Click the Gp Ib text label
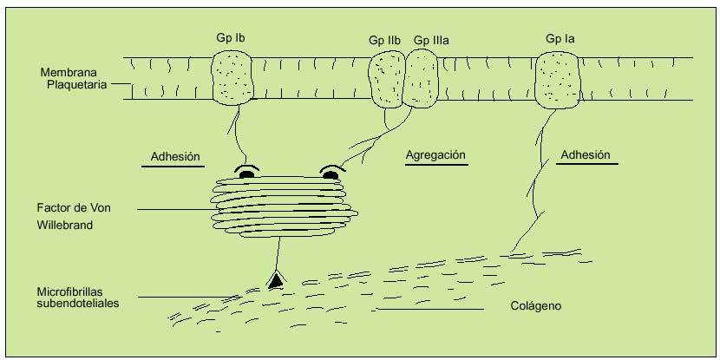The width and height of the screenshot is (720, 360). point(231,39)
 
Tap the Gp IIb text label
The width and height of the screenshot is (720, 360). point(383,40)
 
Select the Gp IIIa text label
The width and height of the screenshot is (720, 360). point(431,40)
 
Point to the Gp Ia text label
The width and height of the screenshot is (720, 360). point(560,39)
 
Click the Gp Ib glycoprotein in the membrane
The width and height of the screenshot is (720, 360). point(232,78)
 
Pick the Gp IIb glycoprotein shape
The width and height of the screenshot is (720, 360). point(385,78)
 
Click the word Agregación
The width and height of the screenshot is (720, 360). point(436,155)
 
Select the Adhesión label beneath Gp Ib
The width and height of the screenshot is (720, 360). point(175,157)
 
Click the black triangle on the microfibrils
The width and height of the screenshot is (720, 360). point(276,279)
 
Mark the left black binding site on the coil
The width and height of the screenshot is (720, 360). point(246,174)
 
